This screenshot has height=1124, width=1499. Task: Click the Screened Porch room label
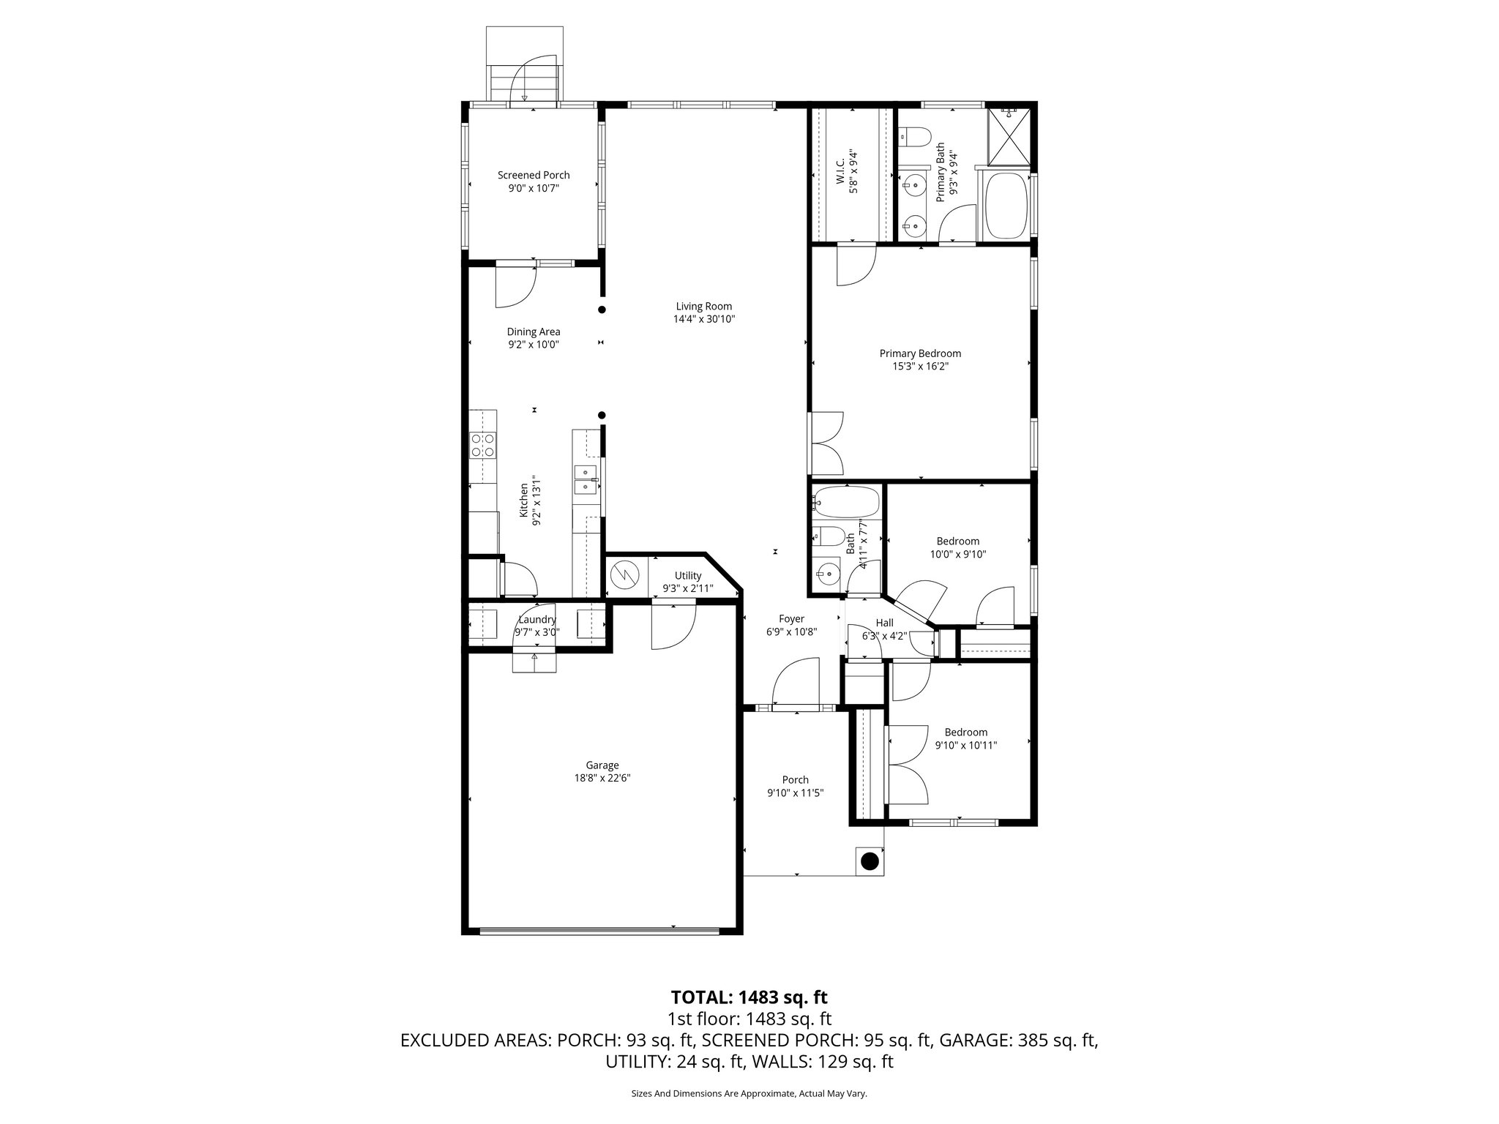click(534, 175)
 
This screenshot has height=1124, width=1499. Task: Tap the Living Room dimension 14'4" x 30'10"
click(703, 319)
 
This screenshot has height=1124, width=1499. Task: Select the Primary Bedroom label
click(920, 353)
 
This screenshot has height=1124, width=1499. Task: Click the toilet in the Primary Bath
click(914, 135)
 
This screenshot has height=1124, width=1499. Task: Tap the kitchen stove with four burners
click(483, 445)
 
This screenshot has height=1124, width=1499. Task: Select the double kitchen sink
click(586, 479)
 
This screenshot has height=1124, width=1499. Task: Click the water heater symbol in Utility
click(625, 576)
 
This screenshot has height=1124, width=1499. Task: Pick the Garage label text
click(602, 765)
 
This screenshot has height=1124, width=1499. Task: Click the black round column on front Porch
click(869, 861)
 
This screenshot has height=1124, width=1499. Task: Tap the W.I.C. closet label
click(840, 171)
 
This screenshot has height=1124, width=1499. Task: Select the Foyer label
click(791, 618)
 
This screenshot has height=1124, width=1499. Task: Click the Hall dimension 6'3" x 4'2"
click(884, 636)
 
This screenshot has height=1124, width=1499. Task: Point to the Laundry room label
click(537, 619)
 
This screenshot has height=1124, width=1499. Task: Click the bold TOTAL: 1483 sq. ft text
click(749, 997)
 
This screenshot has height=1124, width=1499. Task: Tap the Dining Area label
click(534, 331)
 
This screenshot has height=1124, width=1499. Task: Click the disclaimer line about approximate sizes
click(749, 1093)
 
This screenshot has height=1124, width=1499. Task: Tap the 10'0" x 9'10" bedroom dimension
click(957, 554)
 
